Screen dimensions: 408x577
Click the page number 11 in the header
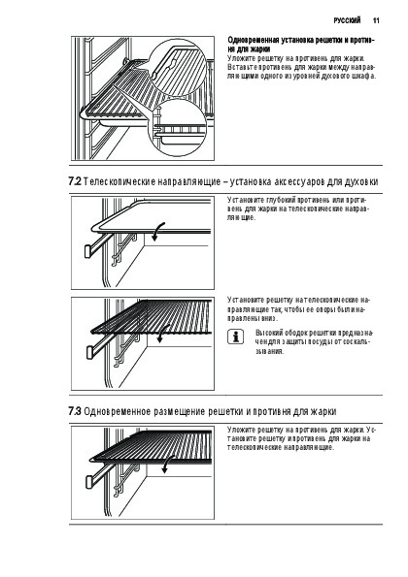tap(376, 20)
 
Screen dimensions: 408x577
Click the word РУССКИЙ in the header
tap(347, 20)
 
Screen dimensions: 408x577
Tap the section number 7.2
tap(75, 181)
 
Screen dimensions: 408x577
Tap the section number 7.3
tap(75, 411)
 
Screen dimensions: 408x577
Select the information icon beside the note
tap(236, 337)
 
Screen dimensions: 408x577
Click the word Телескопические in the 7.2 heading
tap(119, 181)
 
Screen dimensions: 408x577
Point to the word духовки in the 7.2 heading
tap(361, 181)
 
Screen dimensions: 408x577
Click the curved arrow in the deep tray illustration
tap(157, 232)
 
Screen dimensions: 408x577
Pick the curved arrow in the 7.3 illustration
tap(168, 464)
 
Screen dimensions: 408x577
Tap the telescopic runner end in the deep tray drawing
tap(88, 251)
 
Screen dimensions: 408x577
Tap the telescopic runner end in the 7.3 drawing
tap(89, 482)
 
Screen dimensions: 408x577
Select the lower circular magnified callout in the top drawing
tap(177, 128)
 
